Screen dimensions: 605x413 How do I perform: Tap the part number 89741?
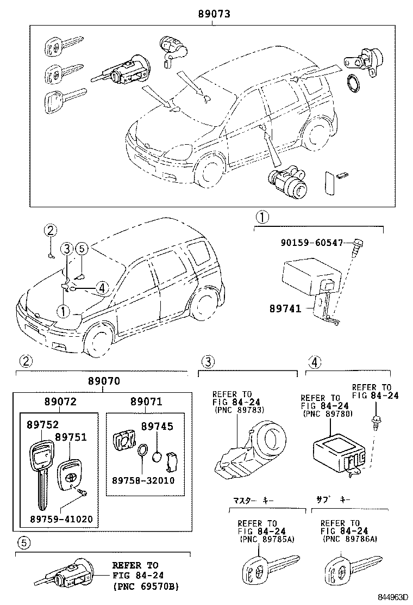[285, 308]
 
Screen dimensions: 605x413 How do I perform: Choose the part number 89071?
[146, 402]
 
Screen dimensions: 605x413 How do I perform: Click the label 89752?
[42, 425]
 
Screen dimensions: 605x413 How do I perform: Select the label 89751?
[70, 437]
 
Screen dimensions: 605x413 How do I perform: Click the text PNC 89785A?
[265, 539]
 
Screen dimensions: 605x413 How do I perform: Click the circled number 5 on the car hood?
[81, 248]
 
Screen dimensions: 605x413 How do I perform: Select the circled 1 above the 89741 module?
[262, 218]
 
